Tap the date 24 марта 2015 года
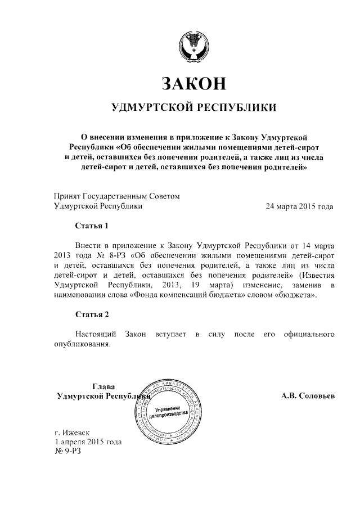[300, 206]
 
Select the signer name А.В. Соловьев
[308, 396]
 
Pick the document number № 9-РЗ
[68, 452]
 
